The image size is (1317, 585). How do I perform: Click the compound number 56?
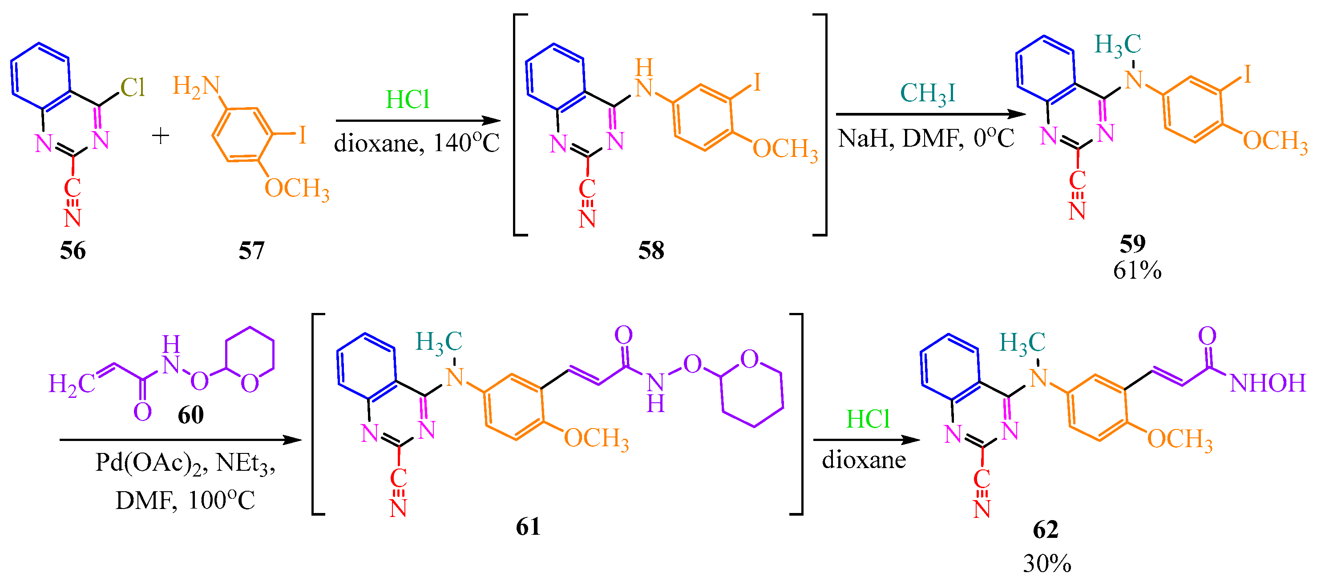click(x=73, y=251)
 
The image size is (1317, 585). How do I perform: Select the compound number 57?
click(x=251, y=251)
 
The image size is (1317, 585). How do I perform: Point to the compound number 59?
click(x=1132, y=244)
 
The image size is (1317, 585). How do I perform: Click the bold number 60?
click(x=191, y=415)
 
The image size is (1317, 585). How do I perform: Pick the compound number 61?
click(x=528, y=527)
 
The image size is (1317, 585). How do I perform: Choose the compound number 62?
click(x=1045, y=530)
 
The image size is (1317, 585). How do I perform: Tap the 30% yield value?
click(x=1047, y=564)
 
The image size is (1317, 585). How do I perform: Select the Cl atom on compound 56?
click(x=133, y=88)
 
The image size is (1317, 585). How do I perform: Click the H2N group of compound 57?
click(x=196, y=86)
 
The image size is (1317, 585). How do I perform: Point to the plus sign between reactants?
click(x=161, y=136)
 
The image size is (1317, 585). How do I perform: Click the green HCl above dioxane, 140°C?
click(x=407, y=100)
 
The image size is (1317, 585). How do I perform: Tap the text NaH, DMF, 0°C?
click(x=926, y=138)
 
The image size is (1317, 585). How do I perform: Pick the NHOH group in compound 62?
click(x=1268, y=383)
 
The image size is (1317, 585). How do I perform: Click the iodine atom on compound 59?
click(x=1247, y=75)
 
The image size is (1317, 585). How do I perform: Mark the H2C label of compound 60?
click(x=72, y=384)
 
